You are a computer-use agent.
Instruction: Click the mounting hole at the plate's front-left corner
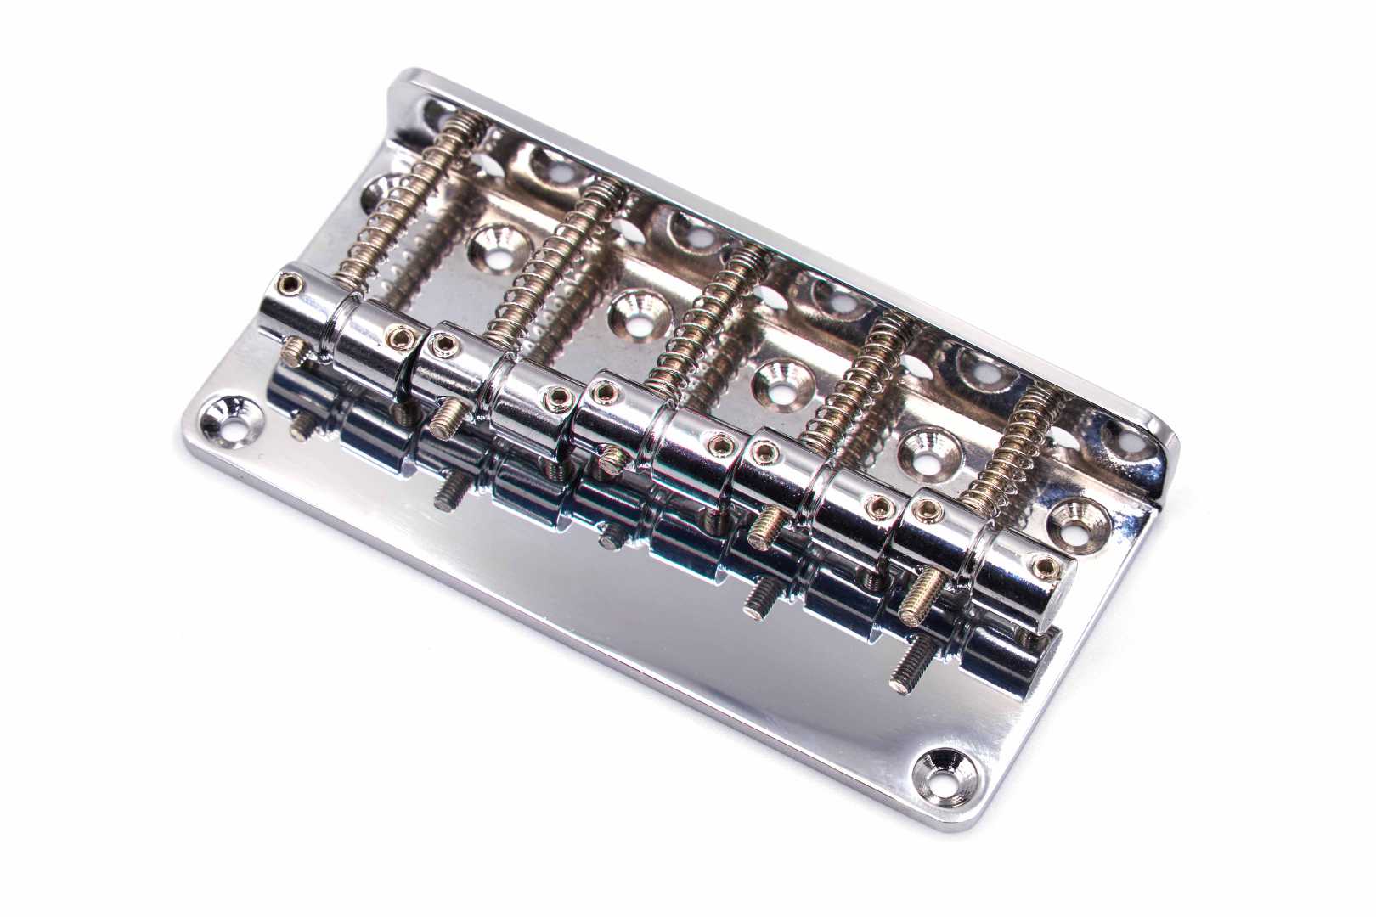pyautogui.click(x=225, y=417)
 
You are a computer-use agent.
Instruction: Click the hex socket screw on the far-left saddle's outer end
pyautogui.click(x=291, y=283)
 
